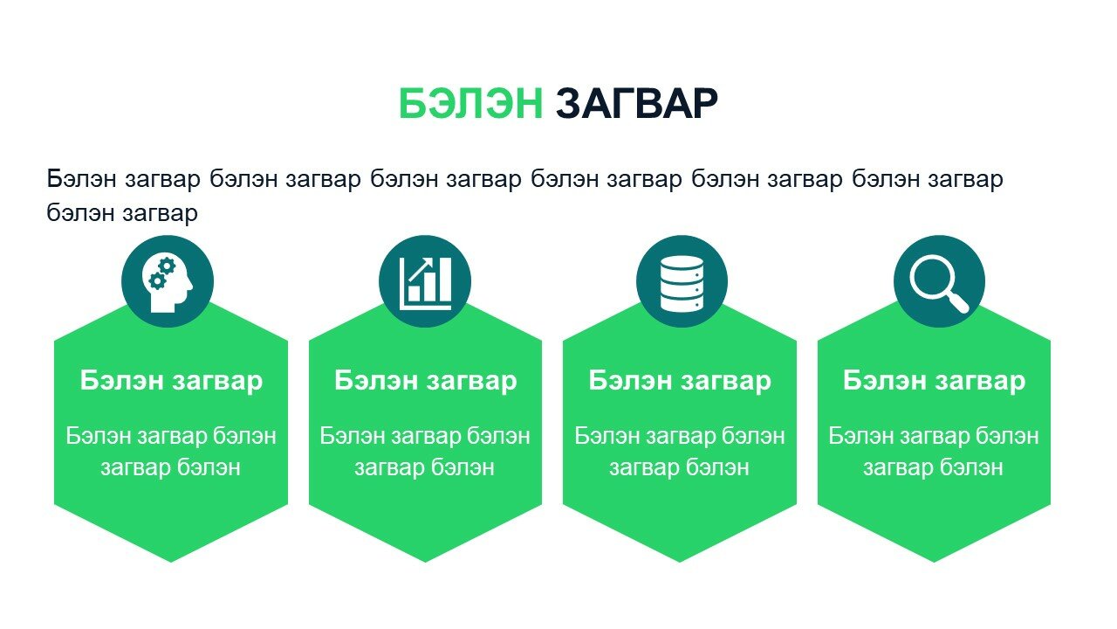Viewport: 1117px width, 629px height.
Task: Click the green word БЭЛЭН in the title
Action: tap(470, 103)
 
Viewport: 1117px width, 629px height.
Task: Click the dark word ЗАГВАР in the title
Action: tap(637, 103)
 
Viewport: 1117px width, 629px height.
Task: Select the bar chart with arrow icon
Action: tap(425, 282)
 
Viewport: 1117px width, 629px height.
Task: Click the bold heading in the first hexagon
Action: tap(171, 380)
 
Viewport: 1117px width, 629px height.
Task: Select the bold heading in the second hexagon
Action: tap(425, 380)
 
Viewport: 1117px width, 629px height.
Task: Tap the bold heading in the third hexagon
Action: tap(680, 380)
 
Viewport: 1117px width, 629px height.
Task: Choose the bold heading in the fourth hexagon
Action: tap(934, 380)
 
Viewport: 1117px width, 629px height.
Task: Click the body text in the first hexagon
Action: tap(171, 452)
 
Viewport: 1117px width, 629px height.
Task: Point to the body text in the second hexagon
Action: tap(425, 452)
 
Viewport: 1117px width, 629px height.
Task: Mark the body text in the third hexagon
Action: tap(680, 452)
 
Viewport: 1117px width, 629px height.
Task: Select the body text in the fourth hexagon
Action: tap(934, 452)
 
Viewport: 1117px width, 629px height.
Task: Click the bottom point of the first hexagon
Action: tap(171, 562)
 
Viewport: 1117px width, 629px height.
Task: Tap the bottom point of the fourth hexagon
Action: tap(934, 562)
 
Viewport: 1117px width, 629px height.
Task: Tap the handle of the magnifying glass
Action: tap(958, 302)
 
